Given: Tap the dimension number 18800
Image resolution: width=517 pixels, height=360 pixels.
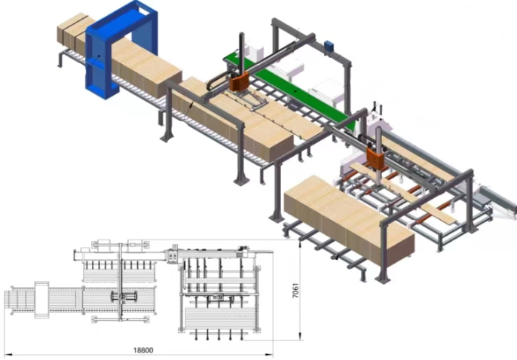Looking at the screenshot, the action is click(x=143, y=349).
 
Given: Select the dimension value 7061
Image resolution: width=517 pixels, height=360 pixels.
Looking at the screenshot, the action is click(x=295, y=290).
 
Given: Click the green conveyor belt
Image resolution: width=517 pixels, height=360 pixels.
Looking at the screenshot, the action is click(x=290, y=89).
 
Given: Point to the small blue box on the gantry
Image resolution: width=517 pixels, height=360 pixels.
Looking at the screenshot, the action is click(x=329, y=46).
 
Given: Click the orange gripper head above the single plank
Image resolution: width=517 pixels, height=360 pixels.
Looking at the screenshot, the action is click(x=375, y=158).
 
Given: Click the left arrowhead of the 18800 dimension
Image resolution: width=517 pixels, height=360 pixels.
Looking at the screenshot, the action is click(x=8, y=355).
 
